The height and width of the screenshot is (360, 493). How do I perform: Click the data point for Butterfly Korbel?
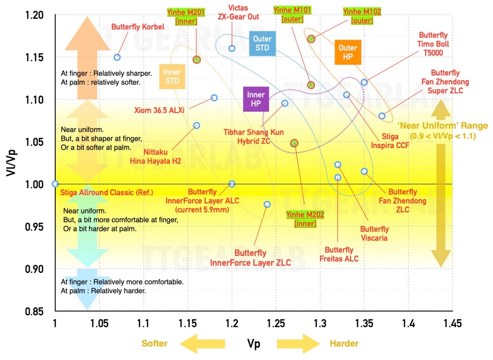[117, 57]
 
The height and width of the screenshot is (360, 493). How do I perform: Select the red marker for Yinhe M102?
[311, 39]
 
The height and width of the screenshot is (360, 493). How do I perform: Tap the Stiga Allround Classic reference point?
[55, 184]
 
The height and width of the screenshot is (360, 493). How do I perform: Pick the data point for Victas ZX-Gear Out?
[232, 48]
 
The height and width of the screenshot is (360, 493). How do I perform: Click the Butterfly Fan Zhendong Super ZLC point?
[382, 116]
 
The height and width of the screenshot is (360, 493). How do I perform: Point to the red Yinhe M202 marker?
[294, 143]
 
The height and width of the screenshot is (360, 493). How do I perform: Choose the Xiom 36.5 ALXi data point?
[214, 98]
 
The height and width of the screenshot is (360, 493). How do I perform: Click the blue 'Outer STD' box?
[262, 44]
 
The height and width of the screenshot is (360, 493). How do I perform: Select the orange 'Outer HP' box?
[348, 52]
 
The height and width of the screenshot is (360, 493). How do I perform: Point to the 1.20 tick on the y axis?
[35, 15]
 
